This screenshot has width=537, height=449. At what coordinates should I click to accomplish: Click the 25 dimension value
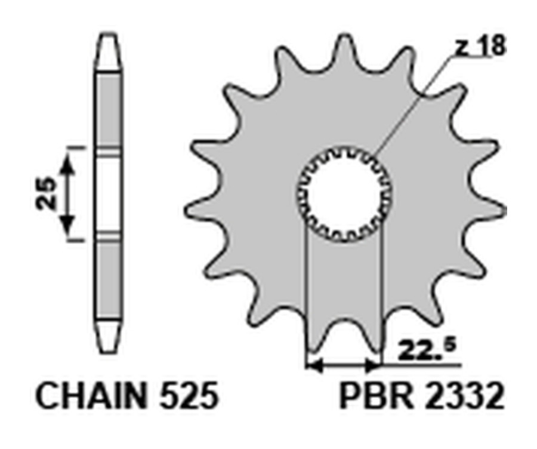pos(46,193)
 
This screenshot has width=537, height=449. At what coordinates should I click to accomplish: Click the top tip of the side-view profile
pos(109,37)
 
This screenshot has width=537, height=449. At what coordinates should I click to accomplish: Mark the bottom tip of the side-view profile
pos(109,353)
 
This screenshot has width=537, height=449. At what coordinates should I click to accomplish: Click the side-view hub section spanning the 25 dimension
pos(109,195)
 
